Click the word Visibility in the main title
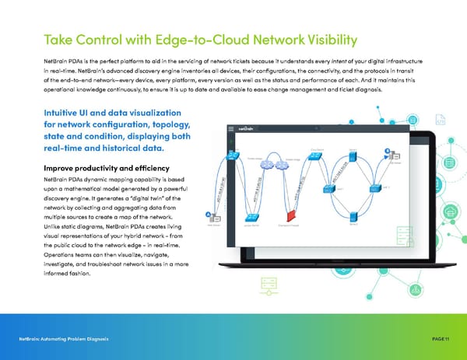[x=322, y=40]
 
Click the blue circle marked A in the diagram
[x=207, y=215]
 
